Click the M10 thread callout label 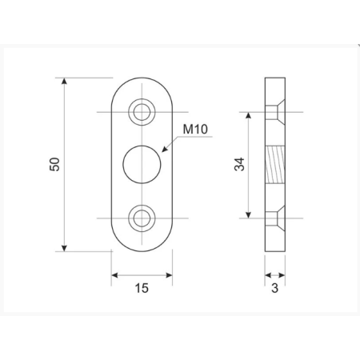[x=195, y=129]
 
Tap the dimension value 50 [x=54, y=164]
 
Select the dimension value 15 [x=142, y=288]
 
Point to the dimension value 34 [x=239, y=164]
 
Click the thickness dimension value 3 [x=274, y=288]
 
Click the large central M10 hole [x=142, y=165]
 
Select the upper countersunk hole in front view [x=142, y=112]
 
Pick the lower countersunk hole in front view [x=142, y=218]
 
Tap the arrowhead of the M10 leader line [x=165, y=150]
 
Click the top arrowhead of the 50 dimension [x=64, y=81]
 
